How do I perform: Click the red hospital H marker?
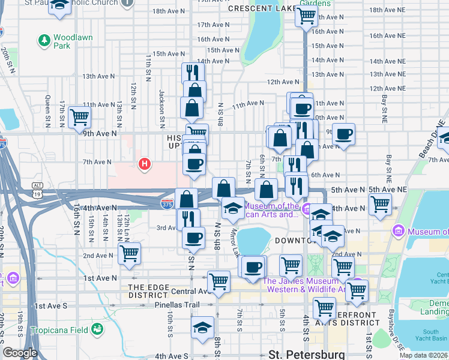click(144, 163)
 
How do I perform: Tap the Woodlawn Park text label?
click(73, 41)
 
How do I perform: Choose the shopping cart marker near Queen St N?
click(79, 116)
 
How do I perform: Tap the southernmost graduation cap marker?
click(203, 327)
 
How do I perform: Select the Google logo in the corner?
click(20, 353)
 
